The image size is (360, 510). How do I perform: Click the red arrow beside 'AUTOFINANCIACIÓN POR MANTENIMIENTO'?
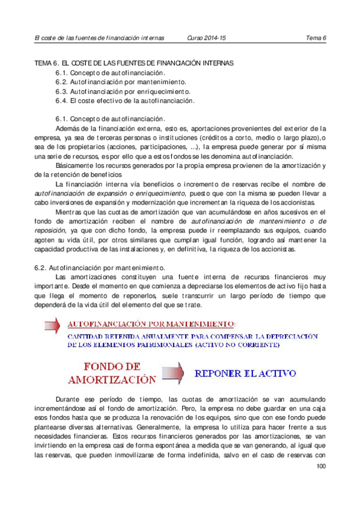(53, 326)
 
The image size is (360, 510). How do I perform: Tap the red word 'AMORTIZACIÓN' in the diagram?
(112, 379)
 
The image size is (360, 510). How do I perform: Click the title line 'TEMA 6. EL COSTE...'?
(133, 63)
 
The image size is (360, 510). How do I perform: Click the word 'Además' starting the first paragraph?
(66, 127)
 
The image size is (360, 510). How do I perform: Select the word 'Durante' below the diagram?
(68, 399)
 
